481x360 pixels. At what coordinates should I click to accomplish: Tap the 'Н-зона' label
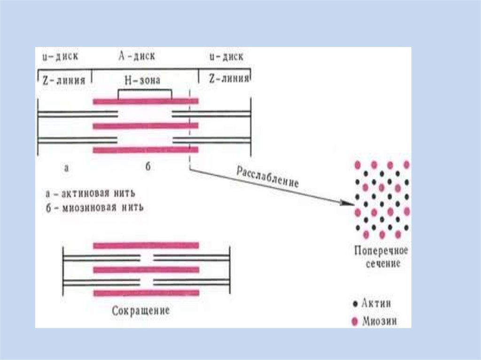pyautogui.click(x=142, y=80)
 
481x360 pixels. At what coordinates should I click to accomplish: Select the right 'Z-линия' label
pyautogui.click(x=228, y=79)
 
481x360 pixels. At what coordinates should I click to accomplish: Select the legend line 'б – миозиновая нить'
pyautogui.click(x=94, y=207)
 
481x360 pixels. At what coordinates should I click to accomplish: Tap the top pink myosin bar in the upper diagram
pyautogui.click(x=146, y=101)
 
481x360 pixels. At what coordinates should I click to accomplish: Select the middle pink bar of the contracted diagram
pyautogui.click(x=146, y=269)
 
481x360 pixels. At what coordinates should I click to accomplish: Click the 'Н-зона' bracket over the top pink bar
pyautogui.click(x=144, y=91)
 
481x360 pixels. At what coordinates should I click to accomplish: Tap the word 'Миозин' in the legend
pyautogui.click(x=380, y=322)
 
